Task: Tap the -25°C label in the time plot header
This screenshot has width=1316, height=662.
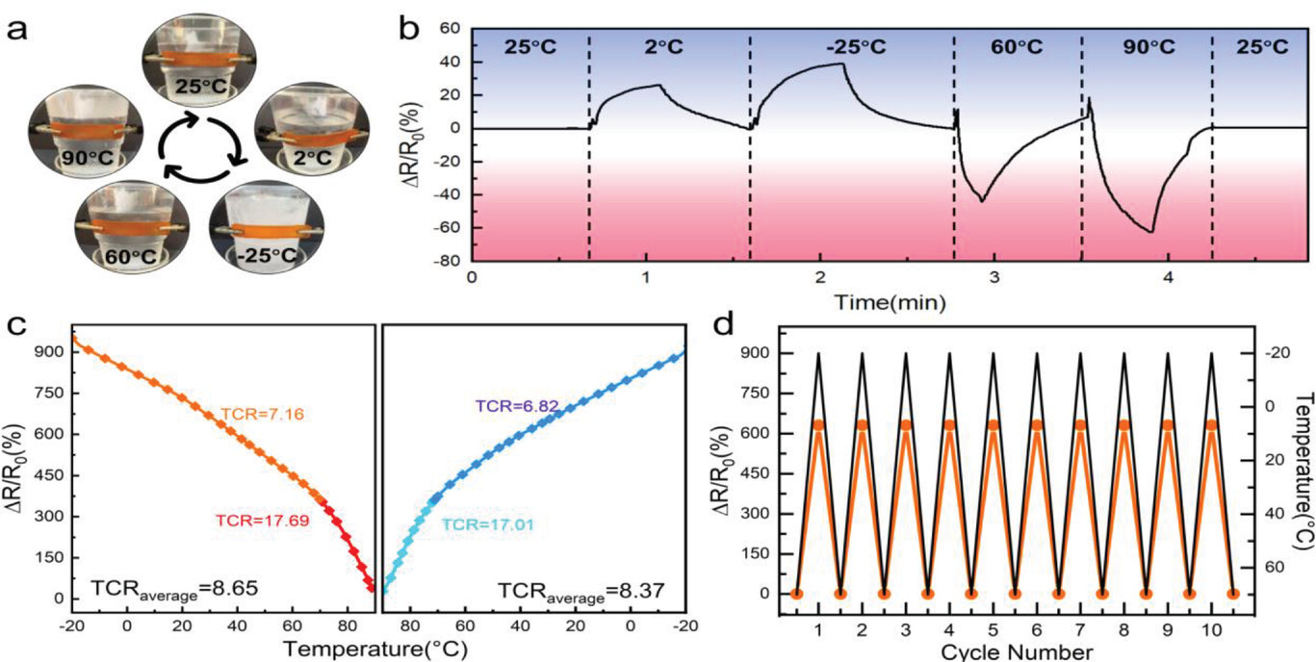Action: pos(851,46)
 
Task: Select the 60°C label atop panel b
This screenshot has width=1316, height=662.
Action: pos(1018,46)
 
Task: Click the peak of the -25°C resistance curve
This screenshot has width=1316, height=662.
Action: pos(843,64)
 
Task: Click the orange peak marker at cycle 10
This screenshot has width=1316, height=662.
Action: pos(1211,424)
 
